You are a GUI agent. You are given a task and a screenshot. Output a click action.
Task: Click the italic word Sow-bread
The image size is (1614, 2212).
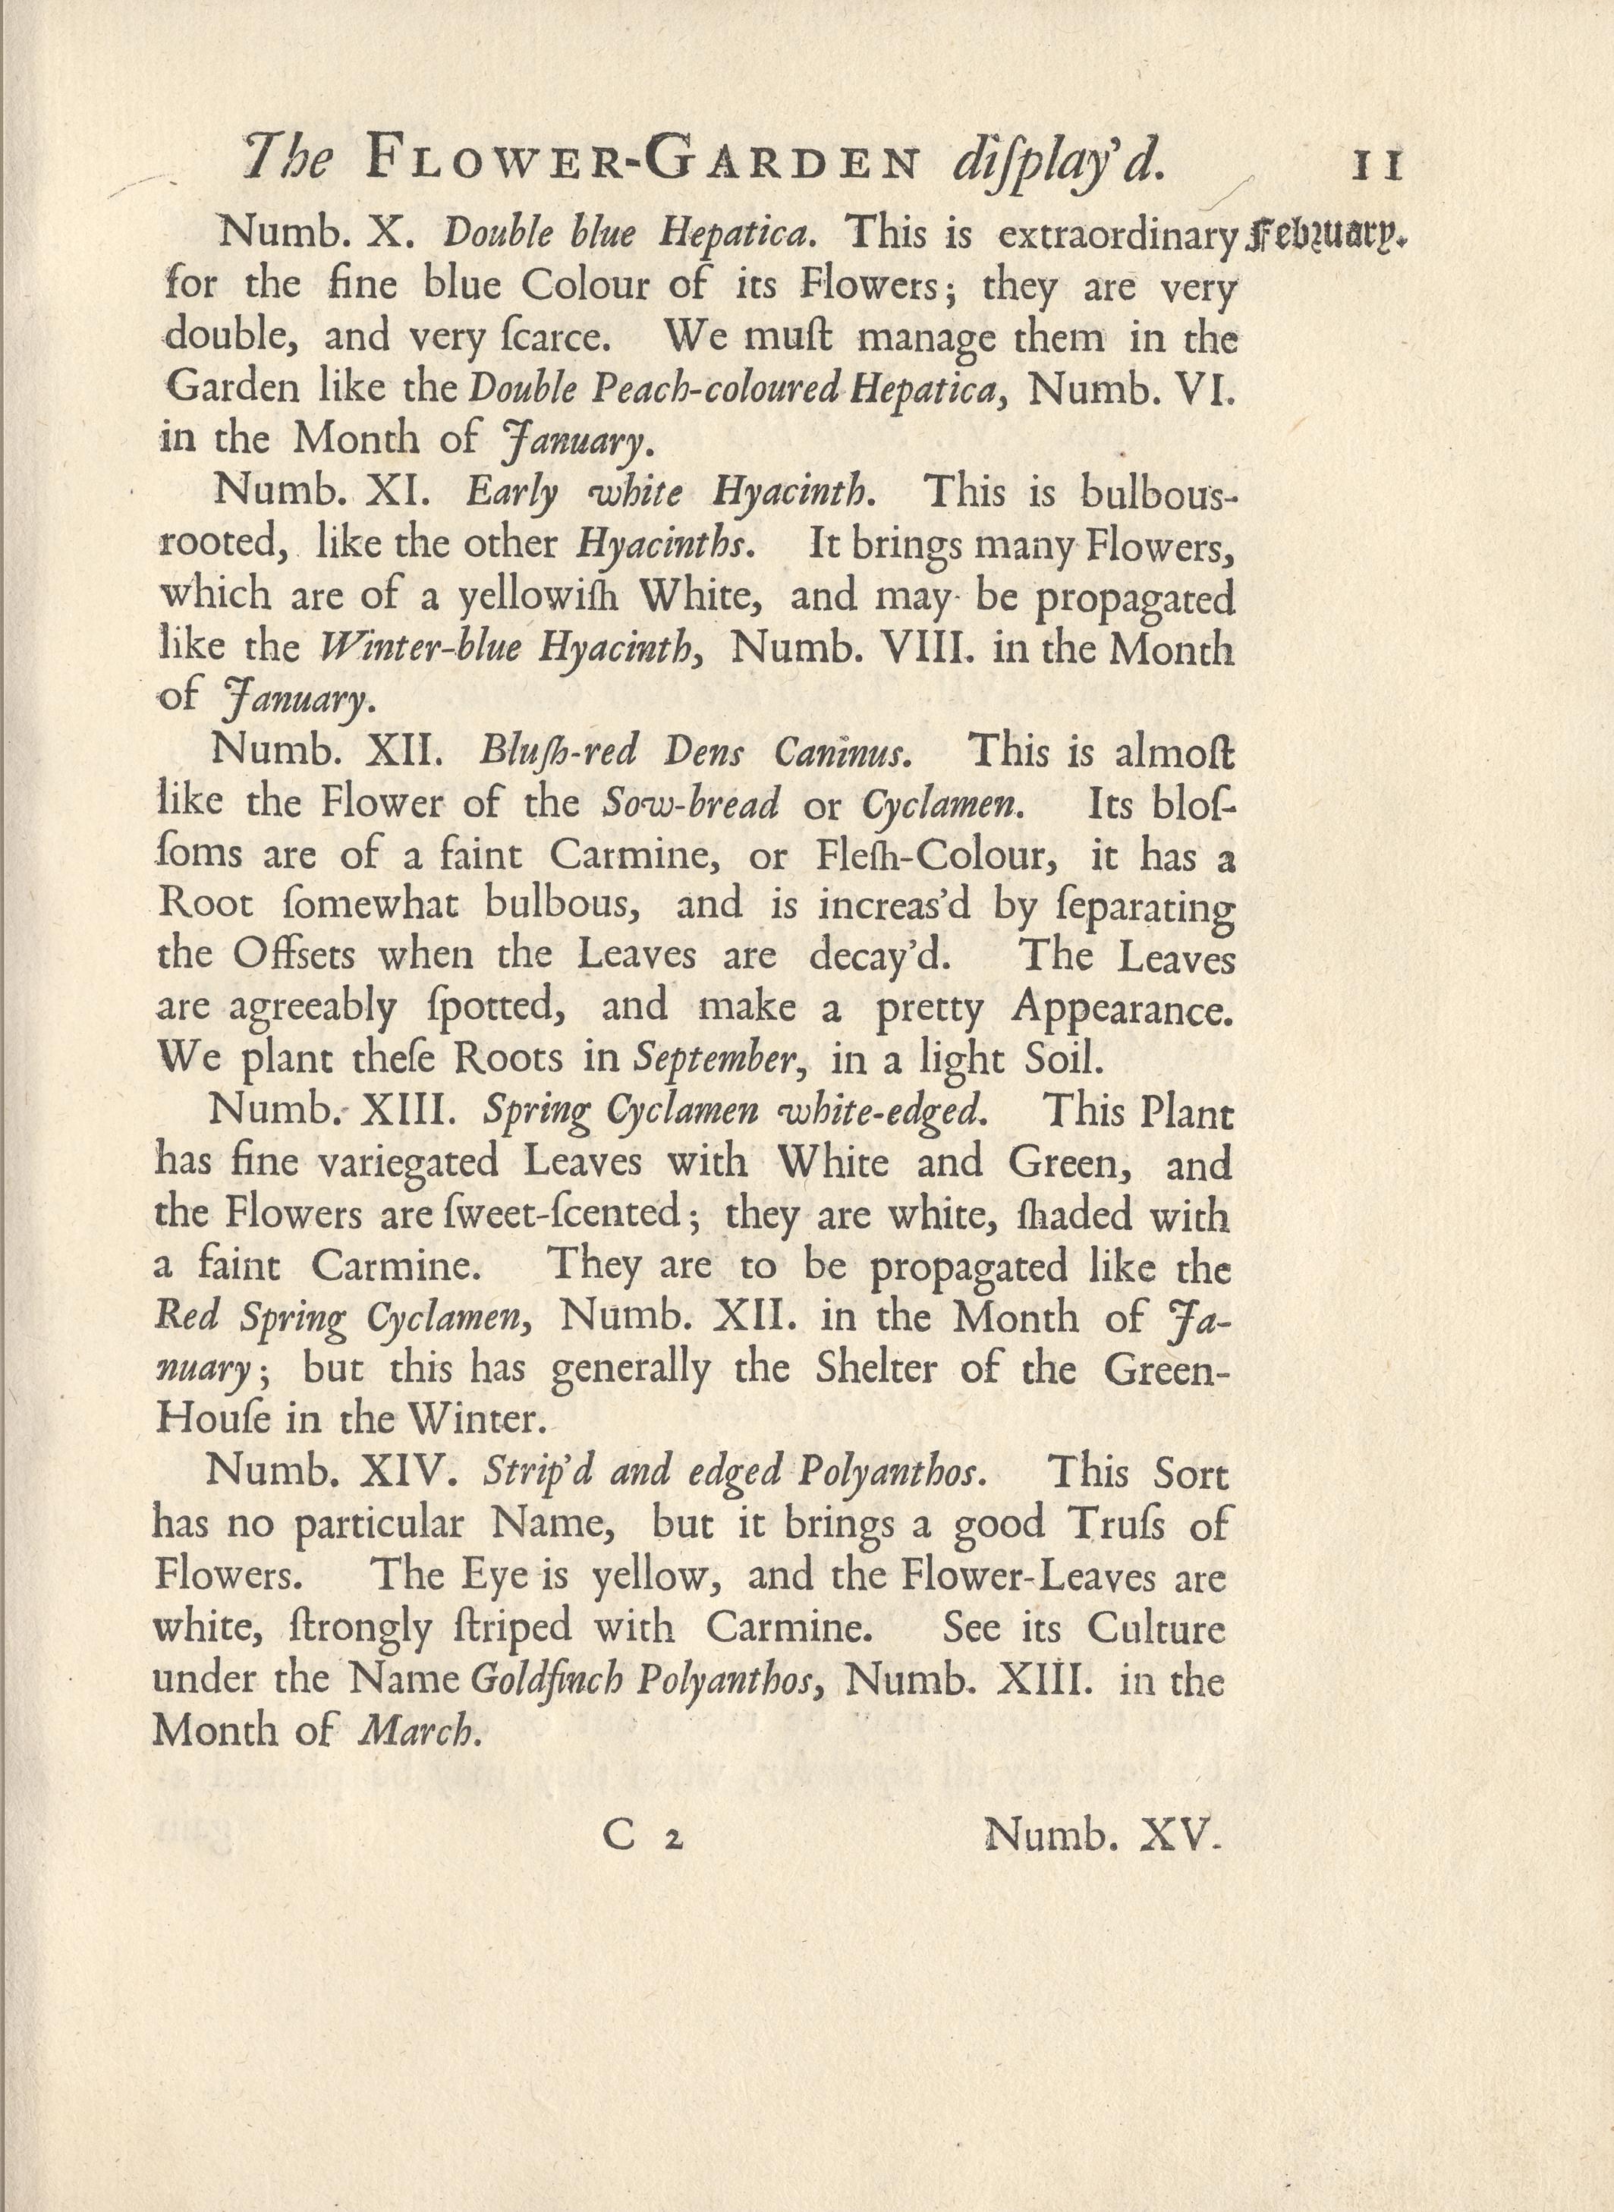[691, 803]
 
